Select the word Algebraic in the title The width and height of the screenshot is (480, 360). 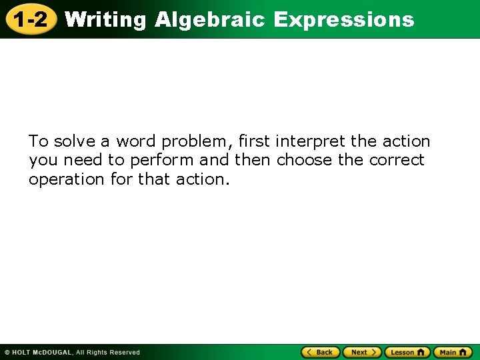point(211,20)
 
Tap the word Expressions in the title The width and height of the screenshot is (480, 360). point(343,20)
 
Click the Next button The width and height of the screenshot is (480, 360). point(362,352)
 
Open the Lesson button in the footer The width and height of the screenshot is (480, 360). point(407,352)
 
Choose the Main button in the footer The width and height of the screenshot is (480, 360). point(452,352)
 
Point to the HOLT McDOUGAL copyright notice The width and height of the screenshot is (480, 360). point(72,352)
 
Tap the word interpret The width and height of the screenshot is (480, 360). point(311,142)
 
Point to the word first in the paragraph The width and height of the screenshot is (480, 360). point(253,141)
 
